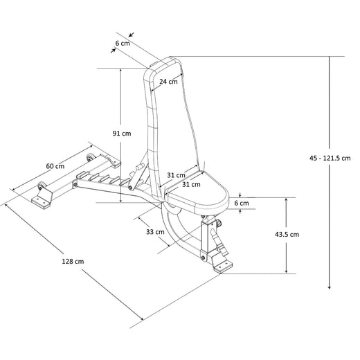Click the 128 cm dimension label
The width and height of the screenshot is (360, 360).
tap(73, 262)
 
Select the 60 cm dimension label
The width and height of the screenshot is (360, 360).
tap(55, 166)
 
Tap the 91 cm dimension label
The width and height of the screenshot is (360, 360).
tap(122, 134)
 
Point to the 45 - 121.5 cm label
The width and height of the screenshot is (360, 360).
tap(330, 158)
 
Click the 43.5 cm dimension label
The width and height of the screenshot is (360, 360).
tap(287, 235)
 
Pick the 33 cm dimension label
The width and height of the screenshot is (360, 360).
tap(155, 232)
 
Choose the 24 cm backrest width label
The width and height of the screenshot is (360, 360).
tap(168, 82)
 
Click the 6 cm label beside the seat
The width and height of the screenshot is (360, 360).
tap(242, 203)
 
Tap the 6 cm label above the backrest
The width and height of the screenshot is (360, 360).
tap(123, 43)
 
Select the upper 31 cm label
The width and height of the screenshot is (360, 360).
tap(176, 175)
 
